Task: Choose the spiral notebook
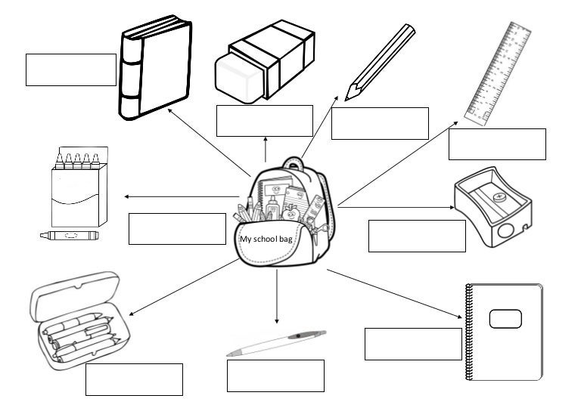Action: (504, 332)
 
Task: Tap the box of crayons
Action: (79, 186)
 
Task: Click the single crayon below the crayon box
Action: (69, 236)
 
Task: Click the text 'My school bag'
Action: (266, 239)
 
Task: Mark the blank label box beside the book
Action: (71, 70)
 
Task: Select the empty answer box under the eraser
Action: (264, 121)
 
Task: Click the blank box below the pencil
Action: (380, 123)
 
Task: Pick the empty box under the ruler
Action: (497, 144)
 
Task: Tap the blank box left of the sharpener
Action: (417, 236)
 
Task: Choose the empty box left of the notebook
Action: (412, 344)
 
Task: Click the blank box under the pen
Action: (275, 375)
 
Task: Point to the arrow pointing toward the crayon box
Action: (182, 197)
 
